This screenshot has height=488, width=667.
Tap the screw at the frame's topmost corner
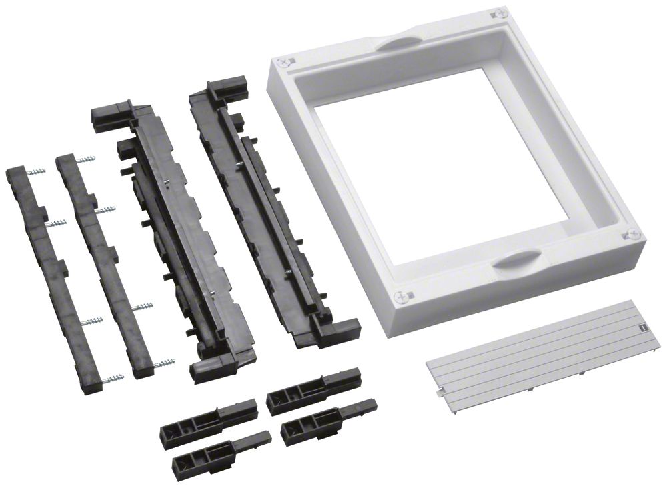coord(494,13)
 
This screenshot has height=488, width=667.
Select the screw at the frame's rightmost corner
coord(632,234)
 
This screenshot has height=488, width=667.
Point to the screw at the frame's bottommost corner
coord(400,297)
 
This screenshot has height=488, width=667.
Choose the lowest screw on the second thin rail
coord(163,363)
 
